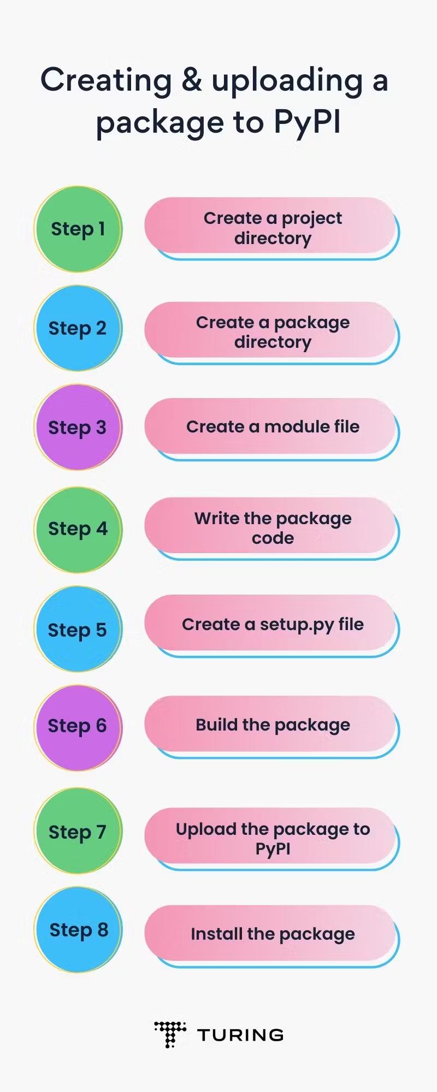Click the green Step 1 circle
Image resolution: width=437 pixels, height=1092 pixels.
tap(78, 229)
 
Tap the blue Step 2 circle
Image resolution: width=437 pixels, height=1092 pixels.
tap(78, 328)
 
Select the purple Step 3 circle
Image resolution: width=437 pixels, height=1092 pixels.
tap(78, 428)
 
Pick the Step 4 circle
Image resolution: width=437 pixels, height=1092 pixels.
tap(78, 529)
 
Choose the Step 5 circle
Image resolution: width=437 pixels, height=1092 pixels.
tap(78, 629)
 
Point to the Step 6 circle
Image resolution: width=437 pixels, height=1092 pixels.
tap(78, 727)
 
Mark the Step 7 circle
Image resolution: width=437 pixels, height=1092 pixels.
tap(78, 830)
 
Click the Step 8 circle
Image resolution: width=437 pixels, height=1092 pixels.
tap(78, 929)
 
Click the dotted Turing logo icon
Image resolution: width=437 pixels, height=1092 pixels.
tap(170, 1034)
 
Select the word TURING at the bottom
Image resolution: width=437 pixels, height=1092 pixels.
tap(240, 1035)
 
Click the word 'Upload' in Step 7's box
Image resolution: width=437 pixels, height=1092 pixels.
tap(206, 829)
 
